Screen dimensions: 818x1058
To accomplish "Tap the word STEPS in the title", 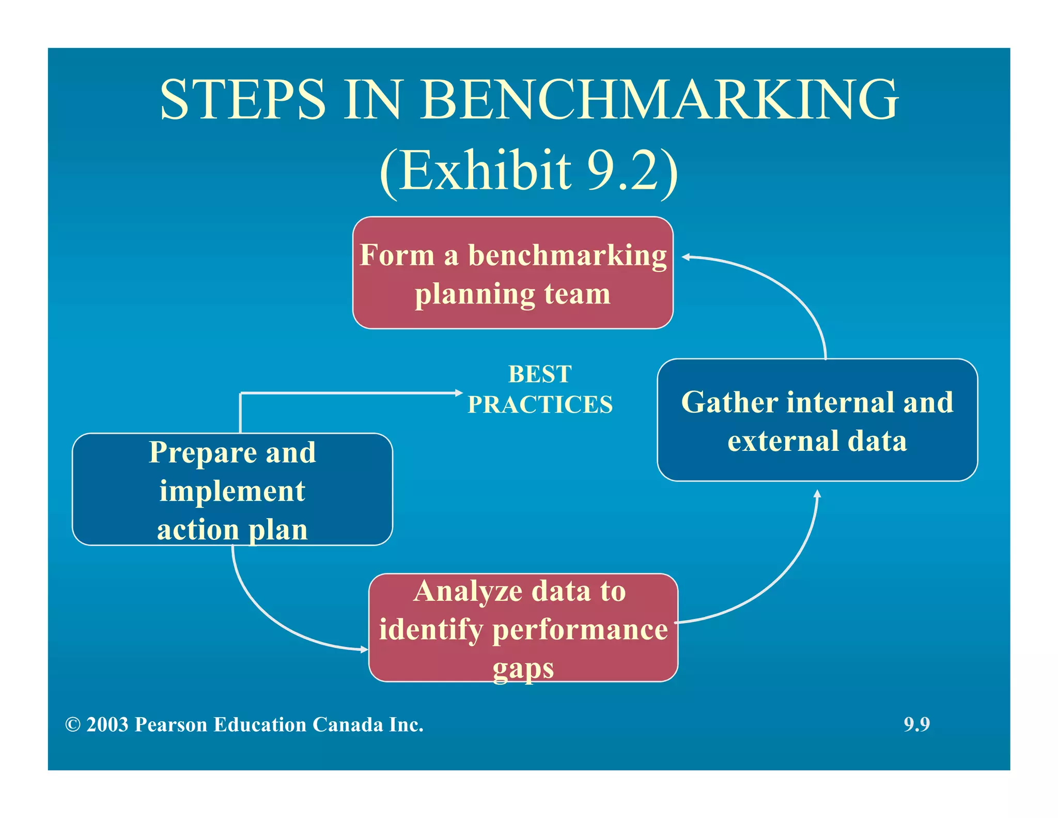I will click(243, 99).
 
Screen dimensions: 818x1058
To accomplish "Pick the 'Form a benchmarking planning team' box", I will click(512, 273).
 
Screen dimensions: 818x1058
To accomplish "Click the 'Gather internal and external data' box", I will click(817, 420).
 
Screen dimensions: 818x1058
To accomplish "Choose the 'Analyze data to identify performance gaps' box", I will click(523, 628).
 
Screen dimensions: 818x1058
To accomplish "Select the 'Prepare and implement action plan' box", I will click(232, 489).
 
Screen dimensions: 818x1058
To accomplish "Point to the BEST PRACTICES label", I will click(540, 389).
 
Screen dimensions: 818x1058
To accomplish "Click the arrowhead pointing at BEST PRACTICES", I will click(459, 393).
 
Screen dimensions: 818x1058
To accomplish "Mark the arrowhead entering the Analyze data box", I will click(364, 649).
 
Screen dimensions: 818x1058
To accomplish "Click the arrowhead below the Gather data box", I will click(817, 493).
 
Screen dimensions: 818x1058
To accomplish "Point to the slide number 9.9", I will click(916, 724).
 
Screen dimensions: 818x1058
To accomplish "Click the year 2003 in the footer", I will click(107, 725).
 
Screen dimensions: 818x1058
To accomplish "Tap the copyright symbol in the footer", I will click(73, 725).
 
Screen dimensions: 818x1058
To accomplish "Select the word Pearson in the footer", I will click(172, 725).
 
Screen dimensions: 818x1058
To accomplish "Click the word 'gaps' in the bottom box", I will click(523, 669).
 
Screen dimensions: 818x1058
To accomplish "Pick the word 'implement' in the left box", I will click(232, 491).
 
